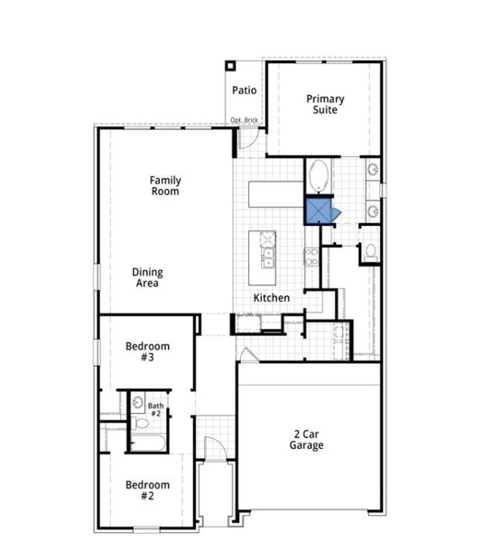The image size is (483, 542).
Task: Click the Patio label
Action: click(245, 90)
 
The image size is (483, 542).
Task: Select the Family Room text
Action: click(165, 185)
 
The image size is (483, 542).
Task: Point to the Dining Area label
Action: click(146, 277)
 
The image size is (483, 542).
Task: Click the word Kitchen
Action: click(271, 297)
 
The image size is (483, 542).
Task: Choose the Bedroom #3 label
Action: click(147, 351)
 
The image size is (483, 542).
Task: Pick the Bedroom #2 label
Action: click(147, 490)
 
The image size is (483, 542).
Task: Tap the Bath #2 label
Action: click(155, 410)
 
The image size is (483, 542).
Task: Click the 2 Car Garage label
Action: click(307, 439)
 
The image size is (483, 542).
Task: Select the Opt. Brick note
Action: click(245, 120)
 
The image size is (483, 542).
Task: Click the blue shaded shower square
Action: click(319, 210)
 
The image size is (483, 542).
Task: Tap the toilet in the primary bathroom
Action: click(370, 252)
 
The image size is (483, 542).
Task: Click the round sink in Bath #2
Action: click(137, 403)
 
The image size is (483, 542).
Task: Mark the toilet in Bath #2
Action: click(140, 422)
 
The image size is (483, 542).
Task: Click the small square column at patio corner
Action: click(230, 65)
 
